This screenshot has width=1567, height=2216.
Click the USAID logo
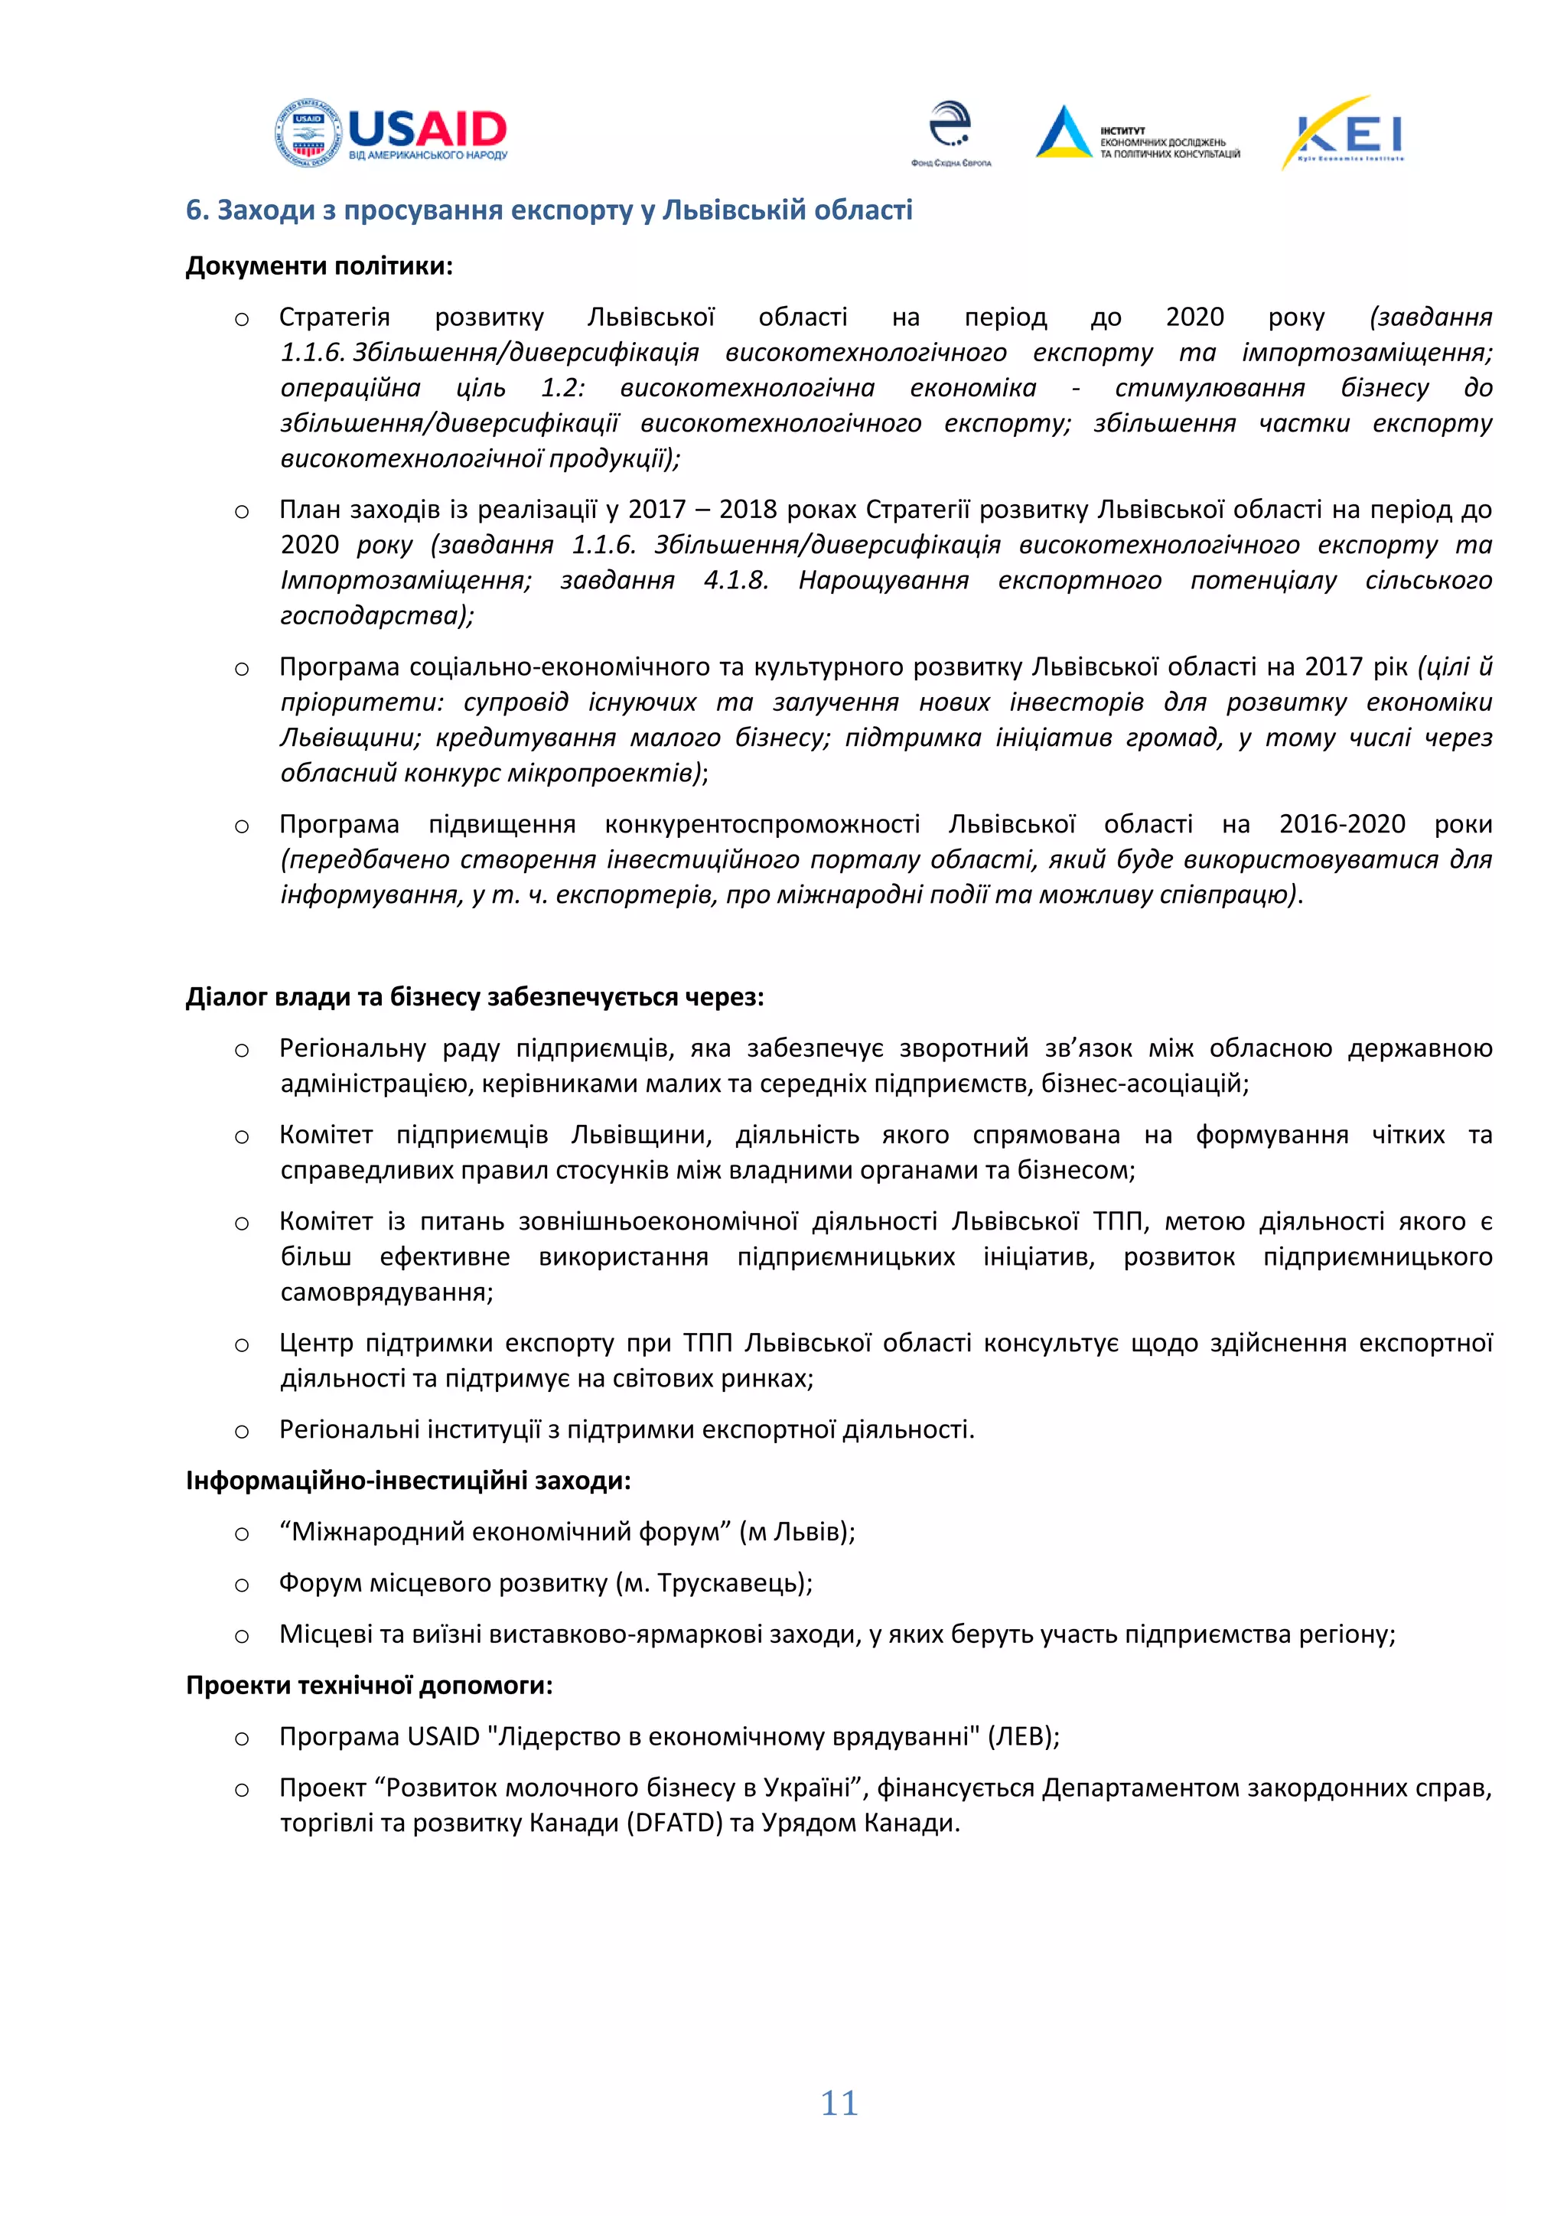tap(391, 133)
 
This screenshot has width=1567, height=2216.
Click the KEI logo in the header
tap(1343, 133)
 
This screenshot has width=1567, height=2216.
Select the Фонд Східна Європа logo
tap(950, 133)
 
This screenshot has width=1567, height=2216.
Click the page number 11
tap(839, 2103)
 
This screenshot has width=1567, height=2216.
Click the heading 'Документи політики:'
tap(318, 266)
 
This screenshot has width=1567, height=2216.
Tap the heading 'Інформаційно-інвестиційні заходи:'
tap(408, 1481)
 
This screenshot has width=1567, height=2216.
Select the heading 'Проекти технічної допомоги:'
tap(369, 1685)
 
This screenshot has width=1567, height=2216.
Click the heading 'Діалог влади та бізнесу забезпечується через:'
tap(474, 996)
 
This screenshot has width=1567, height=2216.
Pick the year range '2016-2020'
tap(1341, 823)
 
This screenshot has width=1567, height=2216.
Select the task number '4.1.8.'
tap(735, 579)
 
